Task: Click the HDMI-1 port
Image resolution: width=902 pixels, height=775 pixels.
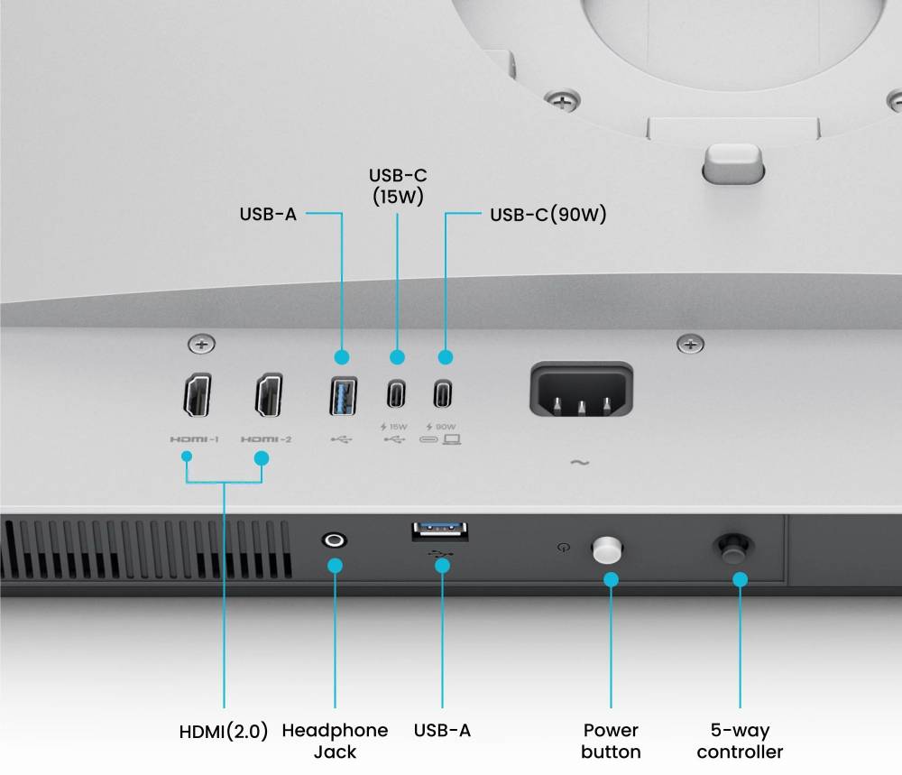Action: (198, 394)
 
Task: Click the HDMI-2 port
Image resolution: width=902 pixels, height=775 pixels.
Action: (269, 394)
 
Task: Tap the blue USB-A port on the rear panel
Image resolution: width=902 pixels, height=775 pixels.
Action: (344, 396)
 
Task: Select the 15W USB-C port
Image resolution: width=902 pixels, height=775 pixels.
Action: (396, 394)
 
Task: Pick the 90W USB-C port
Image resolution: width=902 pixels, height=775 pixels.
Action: (442, 393)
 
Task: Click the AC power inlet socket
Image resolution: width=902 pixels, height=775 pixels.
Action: (581, 390)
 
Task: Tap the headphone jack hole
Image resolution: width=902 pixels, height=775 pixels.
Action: (335, 540)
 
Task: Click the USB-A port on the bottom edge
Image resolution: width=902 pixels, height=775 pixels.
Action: (440, 531)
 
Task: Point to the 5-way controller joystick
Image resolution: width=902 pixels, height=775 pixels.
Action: (733, 549)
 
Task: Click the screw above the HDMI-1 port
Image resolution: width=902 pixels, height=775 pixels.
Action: (201, 344)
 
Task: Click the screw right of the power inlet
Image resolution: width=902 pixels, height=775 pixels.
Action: (690, 344)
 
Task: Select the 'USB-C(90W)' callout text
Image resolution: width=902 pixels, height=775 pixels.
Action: (548, 215)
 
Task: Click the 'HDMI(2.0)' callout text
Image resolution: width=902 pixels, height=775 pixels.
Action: (224, 732)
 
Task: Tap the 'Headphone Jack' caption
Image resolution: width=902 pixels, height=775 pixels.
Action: (335, 741)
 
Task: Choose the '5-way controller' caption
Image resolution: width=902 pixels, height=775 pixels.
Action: (740, 741)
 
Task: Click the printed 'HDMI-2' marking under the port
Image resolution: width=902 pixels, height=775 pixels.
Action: (266, 439)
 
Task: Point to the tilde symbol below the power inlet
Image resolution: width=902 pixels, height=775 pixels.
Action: (579, 463)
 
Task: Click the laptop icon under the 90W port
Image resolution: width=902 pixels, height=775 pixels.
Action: (452, 439)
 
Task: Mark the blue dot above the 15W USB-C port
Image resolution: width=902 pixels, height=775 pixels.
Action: (397, 357)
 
